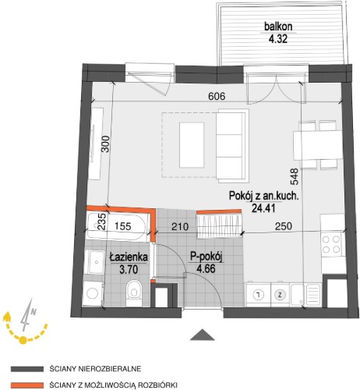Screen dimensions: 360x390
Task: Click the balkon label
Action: coord(278,27)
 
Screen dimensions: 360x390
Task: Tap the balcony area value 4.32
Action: coord(278,39)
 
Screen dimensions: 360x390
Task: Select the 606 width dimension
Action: coord(217,97)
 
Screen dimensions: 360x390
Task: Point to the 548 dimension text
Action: coord(294,177)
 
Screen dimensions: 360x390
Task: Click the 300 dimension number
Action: coord(105,144)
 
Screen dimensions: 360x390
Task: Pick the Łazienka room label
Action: coord(129,257)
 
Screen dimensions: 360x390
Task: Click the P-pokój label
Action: coord(206,257)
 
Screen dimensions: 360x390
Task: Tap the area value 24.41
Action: coord(263,208)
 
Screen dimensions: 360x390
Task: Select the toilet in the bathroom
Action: coord(134,292)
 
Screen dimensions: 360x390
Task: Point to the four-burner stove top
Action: coord(331,244)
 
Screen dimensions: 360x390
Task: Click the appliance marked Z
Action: coord(280,295)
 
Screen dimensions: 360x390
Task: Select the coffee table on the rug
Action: coord(192,145)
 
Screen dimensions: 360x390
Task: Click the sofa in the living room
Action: coord(232,145)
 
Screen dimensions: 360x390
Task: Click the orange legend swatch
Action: coord(27,385)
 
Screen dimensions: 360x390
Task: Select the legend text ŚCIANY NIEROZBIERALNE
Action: coord(95,369)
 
